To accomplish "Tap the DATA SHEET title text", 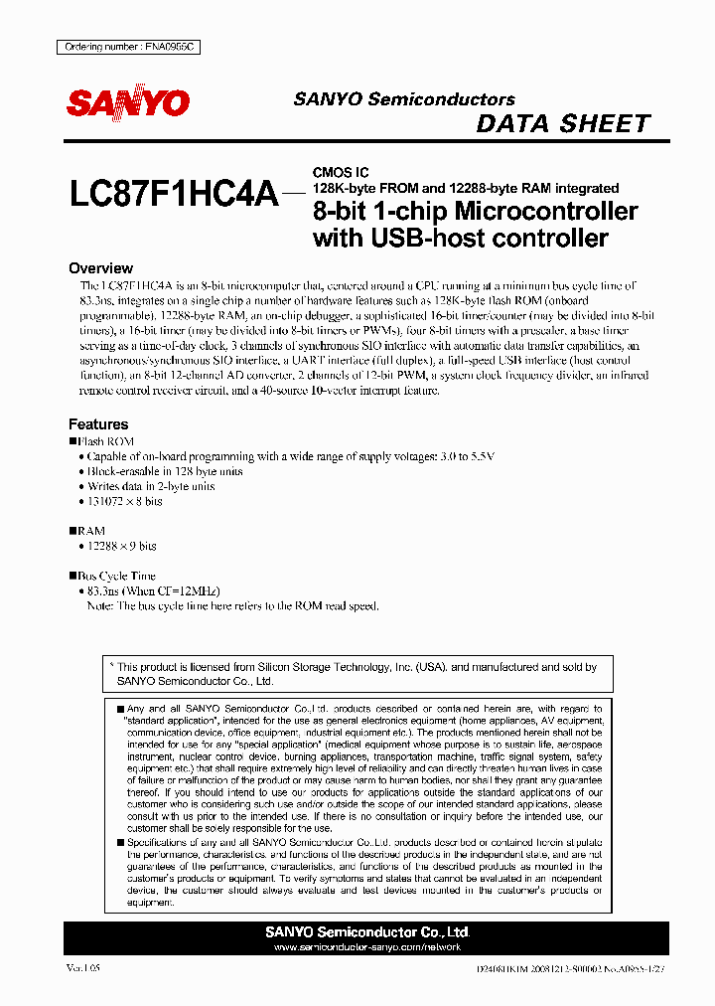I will (563, 124).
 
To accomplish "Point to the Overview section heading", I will (100, 268).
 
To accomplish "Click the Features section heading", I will (97, 423).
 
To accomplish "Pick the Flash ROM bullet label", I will (105, 441).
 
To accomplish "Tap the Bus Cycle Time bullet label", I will (116, 576).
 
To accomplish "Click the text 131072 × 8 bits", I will (125, 502).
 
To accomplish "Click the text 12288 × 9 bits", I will (122, 547).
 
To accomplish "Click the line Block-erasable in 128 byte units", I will (165, 472).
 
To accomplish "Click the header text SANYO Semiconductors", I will (403, 99).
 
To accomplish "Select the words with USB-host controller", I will (460, 238).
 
